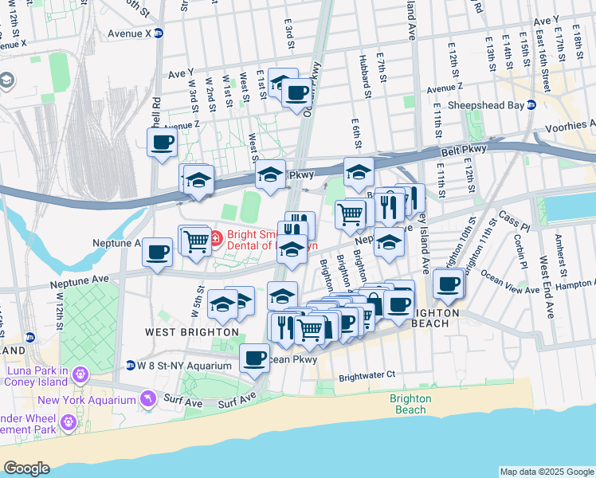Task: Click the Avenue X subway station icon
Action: [159, 33]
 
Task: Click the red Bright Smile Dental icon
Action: [215, 236]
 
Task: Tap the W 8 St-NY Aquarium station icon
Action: [130, 366]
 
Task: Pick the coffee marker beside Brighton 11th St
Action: [449, 284]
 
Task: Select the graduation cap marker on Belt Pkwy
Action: [270, 174]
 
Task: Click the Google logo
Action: [26, 468]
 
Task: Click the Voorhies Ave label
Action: [570, 126]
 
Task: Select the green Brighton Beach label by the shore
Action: [411, 404]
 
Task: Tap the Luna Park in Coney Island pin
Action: [80, 374]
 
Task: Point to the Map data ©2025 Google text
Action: [546, 472]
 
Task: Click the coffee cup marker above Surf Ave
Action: [255, 358]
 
